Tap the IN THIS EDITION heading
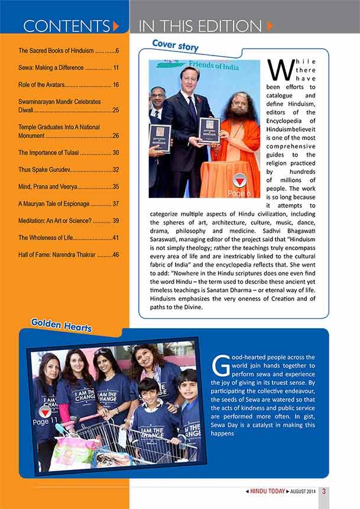[x=200, y=26]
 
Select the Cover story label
[x=175, y=46]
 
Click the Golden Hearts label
[x=62, y=325]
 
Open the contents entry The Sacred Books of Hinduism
[x=69, y=51]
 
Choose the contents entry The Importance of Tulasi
[x=69, y=153]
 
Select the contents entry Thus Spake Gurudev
[x=69, y=170]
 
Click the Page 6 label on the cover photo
[x=239, y=193]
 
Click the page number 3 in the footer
[x=325, y=491]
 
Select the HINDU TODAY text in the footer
[x=267, y=491]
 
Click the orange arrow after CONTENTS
[x=115, y=26]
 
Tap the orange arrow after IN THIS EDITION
[x=270, y=26]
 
